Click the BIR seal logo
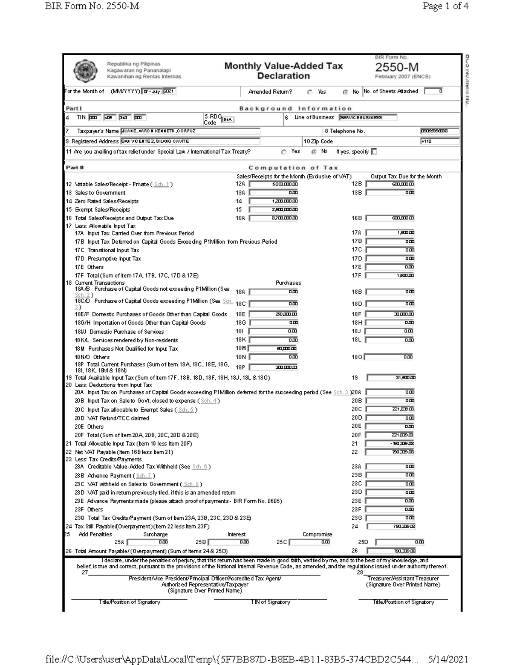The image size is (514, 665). pos(85,71)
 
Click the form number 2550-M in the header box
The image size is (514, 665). pos(397,68)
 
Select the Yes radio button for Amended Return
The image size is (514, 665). pos(310,92)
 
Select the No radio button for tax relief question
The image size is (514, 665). pos(314,152)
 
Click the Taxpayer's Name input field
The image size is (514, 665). pos(190,131)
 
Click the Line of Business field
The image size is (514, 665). pos(368,117)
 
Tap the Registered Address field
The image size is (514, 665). pos(190,141)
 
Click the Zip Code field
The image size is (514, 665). pos(440,141)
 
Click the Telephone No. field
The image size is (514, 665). pos(440,131)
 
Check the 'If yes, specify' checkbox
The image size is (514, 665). pos(374,152)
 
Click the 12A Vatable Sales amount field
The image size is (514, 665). pos(274,184)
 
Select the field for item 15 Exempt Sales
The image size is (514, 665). pos(274,210)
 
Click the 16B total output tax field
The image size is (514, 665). pos(390,218)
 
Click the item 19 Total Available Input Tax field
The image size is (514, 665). pos(391,378)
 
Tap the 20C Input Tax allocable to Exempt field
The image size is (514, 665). pos(390,409)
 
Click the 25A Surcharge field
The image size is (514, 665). pos(149,542)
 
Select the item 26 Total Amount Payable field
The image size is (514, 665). pos(391,551)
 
